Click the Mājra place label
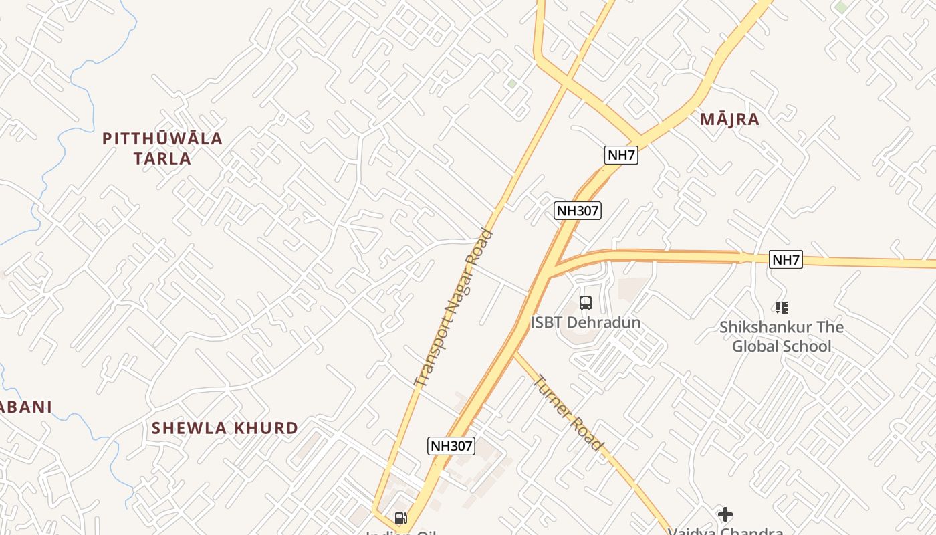click(x=729, y=120)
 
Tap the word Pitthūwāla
click(x=162, y=139)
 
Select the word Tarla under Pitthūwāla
click(x=162, y=158)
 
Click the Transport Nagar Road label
click(x=454, y=309)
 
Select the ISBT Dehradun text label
click(x=585, y=322)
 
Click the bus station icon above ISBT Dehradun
click(x=586, y=303)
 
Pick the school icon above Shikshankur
click(x=781, y=308)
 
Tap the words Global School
click(x=782, y=346)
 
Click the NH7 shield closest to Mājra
click(x=621, y=155)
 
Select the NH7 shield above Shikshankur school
click(x=786, y=259)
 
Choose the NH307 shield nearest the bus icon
click(x=578, y=211)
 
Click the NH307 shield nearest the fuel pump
click(x=451, y=446)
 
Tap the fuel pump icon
click(x=400, y=518)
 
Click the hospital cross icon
click(x=725, y=514)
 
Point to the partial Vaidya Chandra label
click(x=725, y=531)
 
